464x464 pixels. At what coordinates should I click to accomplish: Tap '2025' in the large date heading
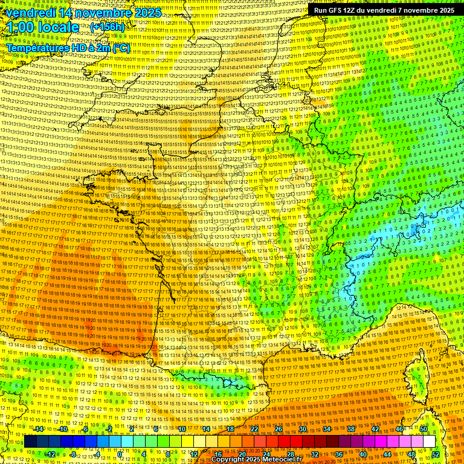(147, 13)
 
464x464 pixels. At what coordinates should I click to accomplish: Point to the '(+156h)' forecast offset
(108, 27)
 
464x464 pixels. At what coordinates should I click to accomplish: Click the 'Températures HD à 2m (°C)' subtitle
(68, 48)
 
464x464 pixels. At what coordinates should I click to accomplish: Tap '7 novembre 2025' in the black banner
(424, 10)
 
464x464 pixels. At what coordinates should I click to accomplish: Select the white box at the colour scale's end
(430, 442)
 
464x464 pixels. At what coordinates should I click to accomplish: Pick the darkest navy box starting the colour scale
(30, 442)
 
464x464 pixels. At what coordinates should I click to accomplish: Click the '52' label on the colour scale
(436, 454)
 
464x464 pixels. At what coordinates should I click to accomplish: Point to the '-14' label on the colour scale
(39, 429)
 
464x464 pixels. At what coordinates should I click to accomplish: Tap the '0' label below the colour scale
(120, 454)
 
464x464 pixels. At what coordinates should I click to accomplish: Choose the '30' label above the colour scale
(303, 429)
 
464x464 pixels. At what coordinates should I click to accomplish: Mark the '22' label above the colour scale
(254, 429)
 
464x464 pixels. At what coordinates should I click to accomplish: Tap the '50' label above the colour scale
(424, 429)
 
